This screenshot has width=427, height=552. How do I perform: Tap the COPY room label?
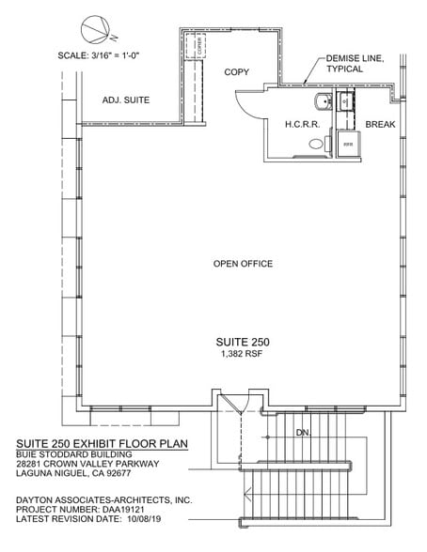237,72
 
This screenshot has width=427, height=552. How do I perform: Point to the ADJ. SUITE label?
126,100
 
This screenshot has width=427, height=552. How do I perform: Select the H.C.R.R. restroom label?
303,124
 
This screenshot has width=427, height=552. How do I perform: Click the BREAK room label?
380,124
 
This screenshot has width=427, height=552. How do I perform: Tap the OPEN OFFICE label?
243,264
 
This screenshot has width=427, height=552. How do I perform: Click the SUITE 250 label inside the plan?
243,342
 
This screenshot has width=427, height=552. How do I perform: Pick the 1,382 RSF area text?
243,355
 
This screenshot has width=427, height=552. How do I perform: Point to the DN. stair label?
303,433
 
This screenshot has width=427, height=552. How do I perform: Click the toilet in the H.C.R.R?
316,145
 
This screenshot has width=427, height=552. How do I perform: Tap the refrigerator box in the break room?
347,144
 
